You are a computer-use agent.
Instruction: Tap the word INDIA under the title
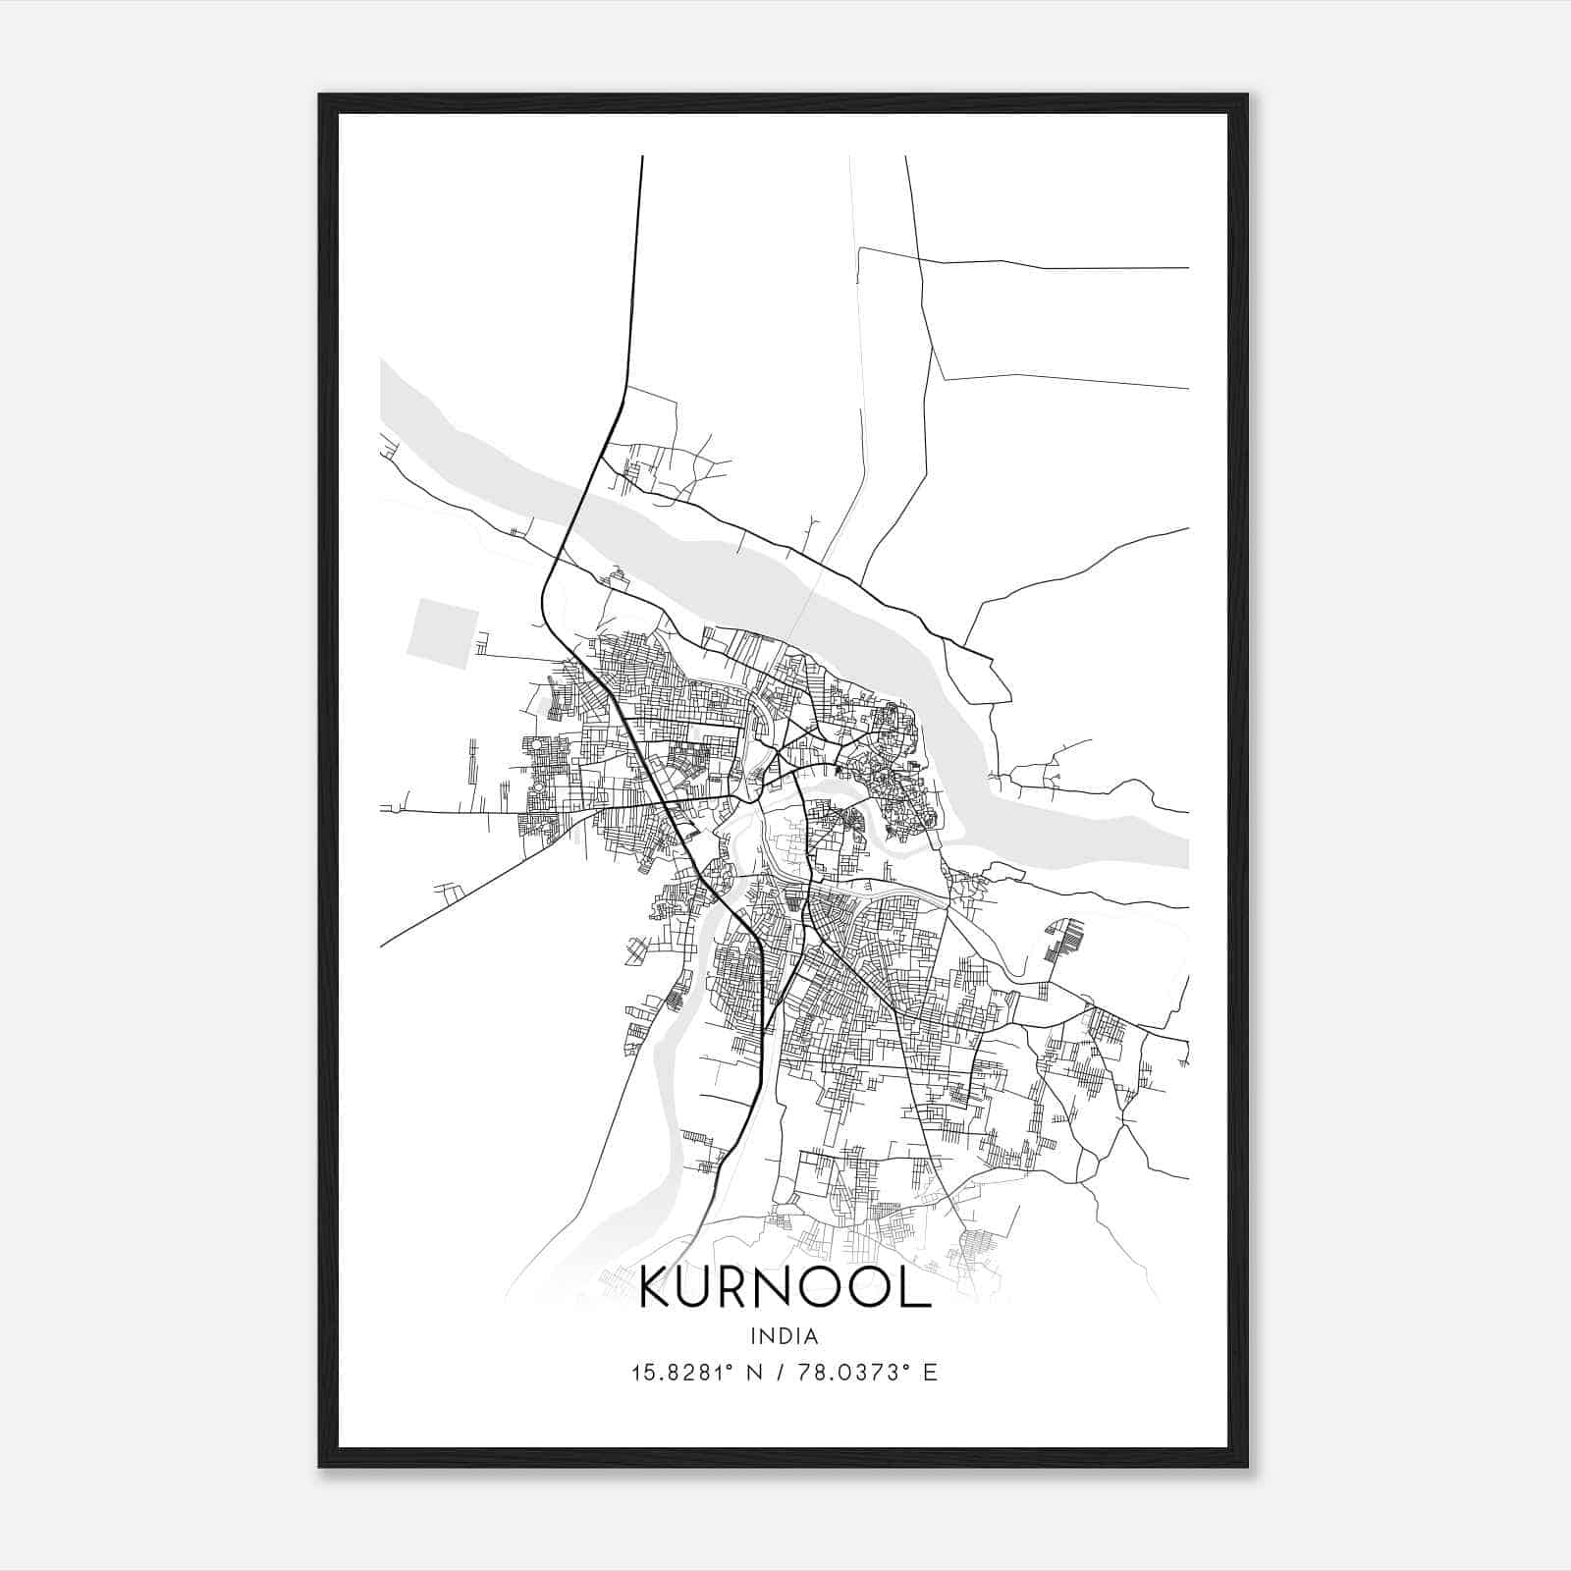click(784, 1336)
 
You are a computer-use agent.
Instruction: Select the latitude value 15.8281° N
click(696, 1373)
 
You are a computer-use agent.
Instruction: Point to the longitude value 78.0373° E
click(868, 1373)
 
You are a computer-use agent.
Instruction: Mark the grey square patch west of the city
click(442, 633)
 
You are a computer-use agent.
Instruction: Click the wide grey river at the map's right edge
click(1168, 844)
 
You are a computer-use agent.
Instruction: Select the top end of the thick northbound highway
click(641, 158)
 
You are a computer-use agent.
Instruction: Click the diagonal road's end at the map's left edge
click(382, 946)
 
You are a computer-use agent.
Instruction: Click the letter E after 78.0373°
click(931, 1373)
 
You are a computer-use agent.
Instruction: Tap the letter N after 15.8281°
click(755, 1373)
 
